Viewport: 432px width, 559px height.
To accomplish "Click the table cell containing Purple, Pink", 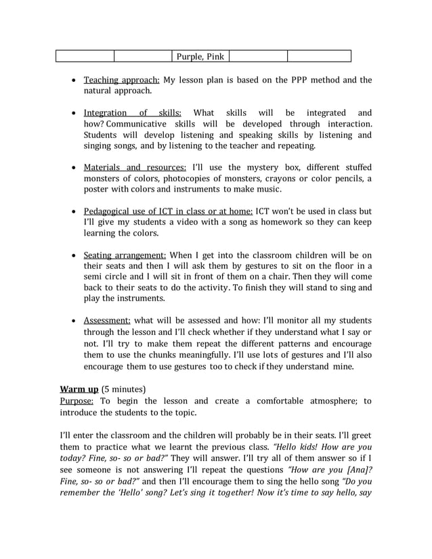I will tap(200, 56).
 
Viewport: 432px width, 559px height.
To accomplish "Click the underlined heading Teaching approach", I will tap(121, 80).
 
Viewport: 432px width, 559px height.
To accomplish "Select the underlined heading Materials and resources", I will tap(134, 167).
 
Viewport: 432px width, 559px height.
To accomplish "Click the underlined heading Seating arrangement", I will tap(125, 255).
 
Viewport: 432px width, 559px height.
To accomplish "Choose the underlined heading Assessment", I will tap(107, 320).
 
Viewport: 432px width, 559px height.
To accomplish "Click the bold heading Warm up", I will tap(79, 389).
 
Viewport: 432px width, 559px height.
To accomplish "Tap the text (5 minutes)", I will tap(123, 389).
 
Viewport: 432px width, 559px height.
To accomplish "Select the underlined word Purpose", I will tap(78, 401).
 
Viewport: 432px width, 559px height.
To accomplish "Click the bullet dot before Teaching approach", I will tap(74, 81).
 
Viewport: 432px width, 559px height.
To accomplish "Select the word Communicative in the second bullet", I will tap(136, 124).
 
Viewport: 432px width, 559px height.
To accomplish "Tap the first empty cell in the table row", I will tap(84, 56).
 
